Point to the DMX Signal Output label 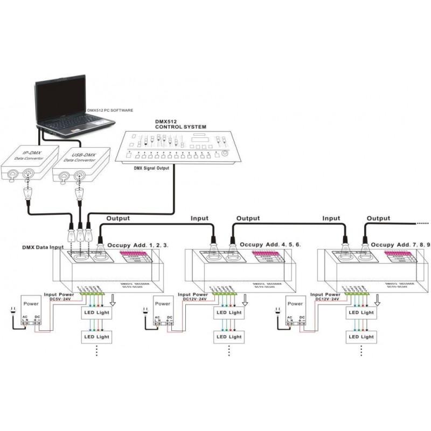151,168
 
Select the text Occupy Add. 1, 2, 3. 138,245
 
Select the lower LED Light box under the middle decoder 228,337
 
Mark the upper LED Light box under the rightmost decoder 360,312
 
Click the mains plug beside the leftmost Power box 10,311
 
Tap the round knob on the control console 225,154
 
